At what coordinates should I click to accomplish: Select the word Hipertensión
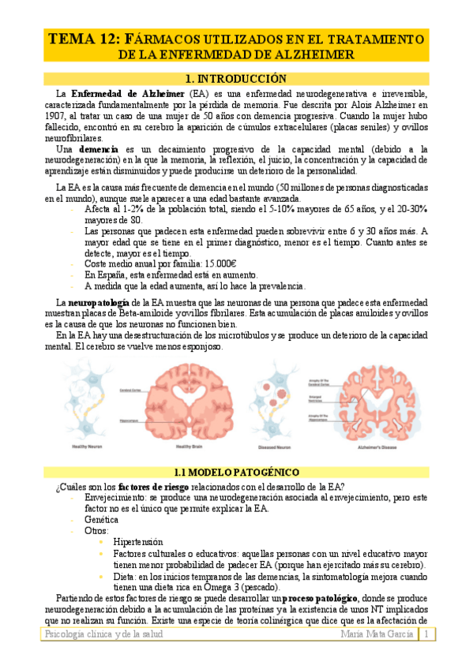click(137, 542)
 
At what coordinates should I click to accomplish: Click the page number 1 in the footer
click(426, 635)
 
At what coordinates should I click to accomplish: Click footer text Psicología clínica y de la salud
click(103, 635)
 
